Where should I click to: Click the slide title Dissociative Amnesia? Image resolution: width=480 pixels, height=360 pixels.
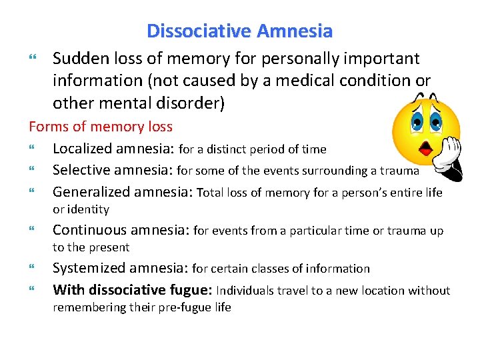239,31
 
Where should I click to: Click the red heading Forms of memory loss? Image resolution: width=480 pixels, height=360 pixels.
100,127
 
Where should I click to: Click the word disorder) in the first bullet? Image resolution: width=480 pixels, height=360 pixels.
195,103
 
